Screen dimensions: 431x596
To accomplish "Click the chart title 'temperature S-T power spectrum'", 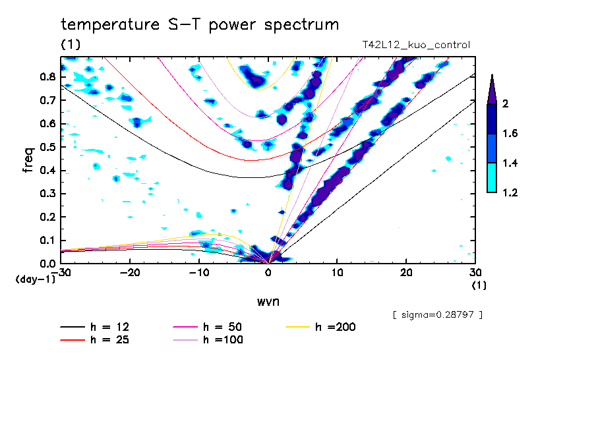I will (200, 25).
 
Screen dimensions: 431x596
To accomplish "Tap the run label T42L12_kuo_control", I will (416, 45).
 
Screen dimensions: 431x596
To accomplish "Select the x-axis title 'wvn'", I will (268, 301).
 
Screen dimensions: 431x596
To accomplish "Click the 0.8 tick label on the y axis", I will (47, 76).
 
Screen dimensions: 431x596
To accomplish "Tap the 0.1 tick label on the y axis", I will (47, 241).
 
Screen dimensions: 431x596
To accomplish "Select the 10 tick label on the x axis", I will (337, 272).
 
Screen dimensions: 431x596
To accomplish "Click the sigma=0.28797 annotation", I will (438, 315).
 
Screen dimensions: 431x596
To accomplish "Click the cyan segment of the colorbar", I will (492, 178).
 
